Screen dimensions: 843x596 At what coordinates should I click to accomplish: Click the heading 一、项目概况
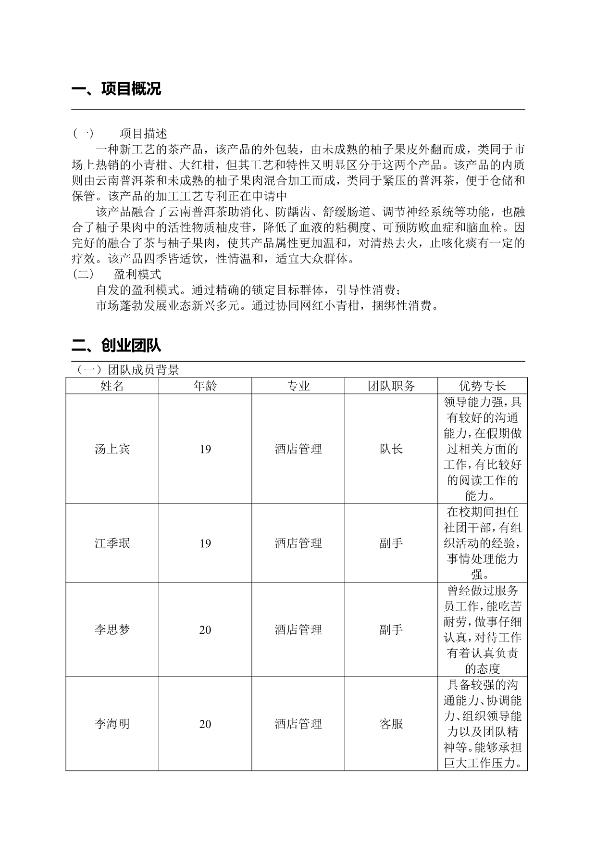[116, 89]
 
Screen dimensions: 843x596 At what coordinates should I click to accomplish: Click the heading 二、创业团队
[116, 345]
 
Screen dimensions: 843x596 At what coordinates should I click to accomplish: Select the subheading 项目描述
[143, 133]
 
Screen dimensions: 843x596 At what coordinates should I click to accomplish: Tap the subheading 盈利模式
[137, 275]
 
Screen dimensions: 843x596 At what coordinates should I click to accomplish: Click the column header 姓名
[112, 386]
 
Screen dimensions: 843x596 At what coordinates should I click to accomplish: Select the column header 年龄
[205, 386]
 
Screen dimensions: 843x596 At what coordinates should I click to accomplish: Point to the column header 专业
[298, 386]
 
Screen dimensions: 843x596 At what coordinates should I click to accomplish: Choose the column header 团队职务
[391, 386]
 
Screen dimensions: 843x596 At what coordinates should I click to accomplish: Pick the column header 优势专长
[482, 386]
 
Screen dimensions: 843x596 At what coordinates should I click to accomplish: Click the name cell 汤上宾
[112, 449]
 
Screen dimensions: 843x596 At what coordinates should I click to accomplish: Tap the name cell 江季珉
[112, 543]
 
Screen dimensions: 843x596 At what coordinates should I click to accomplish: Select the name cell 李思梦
[112, 630]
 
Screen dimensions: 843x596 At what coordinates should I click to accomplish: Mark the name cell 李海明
[112, 724]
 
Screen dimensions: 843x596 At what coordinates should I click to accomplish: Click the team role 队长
[391, 449]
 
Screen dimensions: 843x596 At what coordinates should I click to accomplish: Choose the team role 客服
[391, 724]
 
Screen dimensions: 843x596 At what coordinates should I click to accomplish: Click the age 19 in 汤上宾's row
[205, 449]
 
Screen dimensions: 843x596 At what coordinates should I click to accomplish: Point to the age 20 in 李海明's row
[205, 724]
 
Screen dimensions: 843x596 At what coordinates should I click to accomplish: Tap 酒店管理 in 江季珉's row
[298, 543]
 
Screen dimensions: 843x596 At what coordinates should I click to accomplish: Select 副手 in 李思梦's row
[391, 630]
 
